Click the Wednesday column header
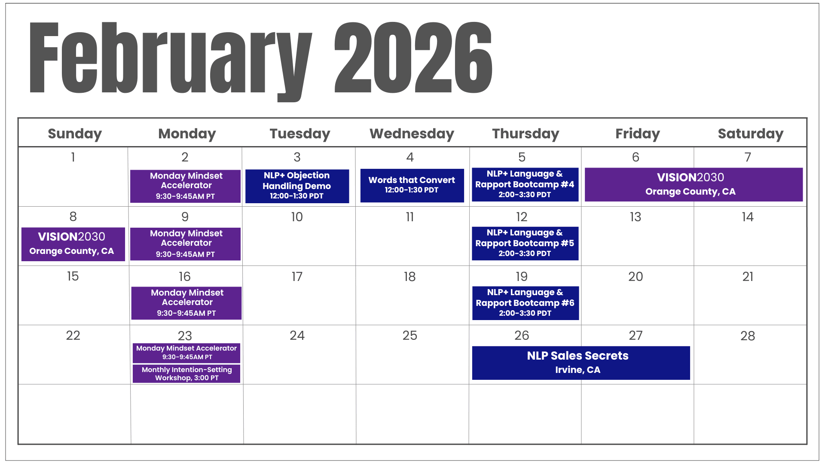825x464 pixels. click(412, 134)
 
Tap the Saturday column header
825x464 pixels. click(751, 134)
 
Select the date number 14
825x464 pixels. click(748, 217)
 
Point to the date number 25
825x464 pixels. click(410, 336)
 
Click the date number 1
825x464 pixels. click(73, 157)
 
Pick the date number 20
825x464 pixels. click(636, 277)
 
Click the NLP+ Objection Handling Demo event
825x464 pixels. click(297, 186)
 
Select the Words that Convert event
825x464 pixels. click(412, 185)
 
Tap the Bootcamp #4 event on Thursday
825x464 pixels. click(525, 184)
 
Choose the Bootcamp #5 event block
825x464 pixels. click(525, 243)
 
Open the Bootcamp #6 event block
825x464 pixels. click(526, 303)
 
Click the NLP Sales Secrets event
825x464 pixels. click(581, 363)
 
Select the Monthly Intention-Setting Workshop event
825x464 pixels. click(186, 374)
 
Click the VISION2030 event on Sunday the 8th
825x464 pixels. click(73, 244)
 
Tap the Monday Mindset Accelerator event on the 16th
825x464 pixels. click(186, 303)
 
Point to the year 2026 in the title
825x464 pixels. click(413, 58)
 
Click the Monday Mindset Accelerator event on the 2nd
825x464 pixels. click(185, 186)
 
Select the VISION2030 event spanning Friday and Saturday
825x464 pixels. click(694, 184)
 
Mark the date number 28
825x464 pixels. click(748, 336)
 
